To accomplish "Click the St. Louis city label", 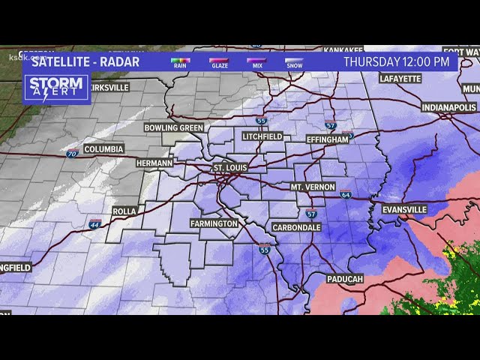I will (229, 167).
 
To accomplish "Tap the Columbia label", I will (103, 149).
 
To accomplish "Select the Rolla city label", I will (124, 211).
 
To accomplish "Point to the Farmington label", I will (214, 223).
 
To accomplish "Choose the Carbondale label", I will (295, 227).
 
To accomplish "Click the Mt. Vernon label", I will (313, 187).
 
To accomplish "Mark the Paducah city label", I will (344, 279).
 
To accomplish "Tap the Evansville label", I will (404, 209).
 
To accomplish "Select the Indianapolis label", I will (448, 108).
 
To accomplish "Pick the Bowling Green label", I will (174, 127).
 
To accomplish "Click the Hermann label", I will (154, 163).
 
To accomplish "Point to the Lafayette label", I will (400, 78).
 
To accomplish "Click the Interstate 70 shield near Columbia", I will (71, 154).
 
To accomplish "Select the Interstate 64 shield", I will (345, 194).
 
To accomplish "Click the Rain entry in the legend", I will (181, 62).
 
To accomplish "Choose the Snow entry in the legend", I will (294, 62).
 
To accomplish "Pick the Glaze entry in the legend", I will (219, 62).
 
